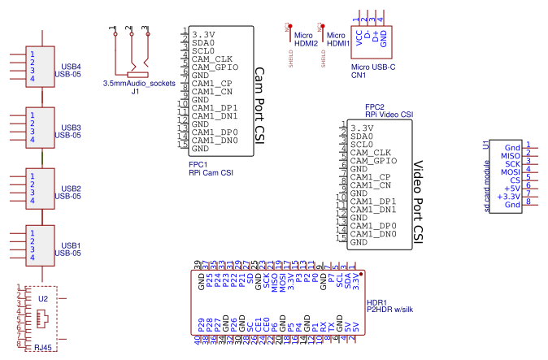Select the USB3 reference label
click(x=71, y=128)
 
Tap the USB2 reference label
click(x=71, y=189)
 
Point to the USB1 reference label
click(x=71, y=245)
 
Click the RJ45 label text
click(x=42, y=347)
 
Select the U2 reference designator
click(x=43, y=299)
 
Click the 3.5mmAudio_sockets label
click(x=139, y=84)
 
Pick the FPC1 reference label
click(x=198, y=164)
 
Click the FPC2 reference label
click(x=375, y=107)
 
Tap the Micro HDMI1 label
click(x=337, y=40)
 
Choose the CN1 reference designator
click(x=359, y=75)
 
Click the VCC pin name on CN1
click(x=359, y=37)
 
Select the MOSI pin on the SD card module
click(x=510, y=172)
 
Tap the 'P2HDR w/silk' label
click(x=391, y=309)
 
